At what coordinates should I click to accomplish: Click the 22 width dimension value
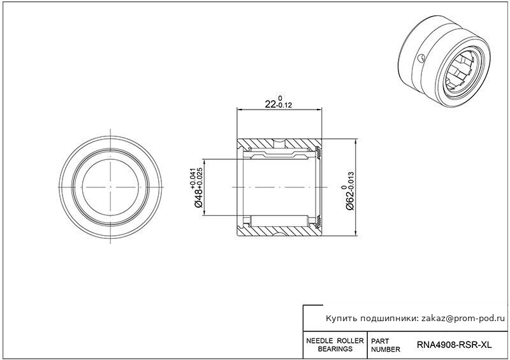(x=270, y=104)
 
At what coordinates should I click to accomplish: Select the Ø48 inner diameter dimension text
(x=199, y=198)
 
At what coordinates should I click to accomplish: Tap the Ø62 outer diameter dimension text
(x=350, y=201)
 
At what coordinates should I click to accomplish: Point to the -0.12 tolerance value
(x=284, y=105)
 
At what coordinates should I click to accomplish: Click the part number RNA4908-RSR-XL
(x=454, y=345)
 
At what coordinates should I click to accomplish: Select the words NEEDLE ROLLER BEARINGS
(x=335, y=345)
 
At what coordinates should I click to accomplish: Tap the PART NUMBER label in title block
(x=386, y=345)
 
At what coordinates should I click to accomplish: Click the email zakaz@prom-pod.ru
(x=464, y=319)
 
